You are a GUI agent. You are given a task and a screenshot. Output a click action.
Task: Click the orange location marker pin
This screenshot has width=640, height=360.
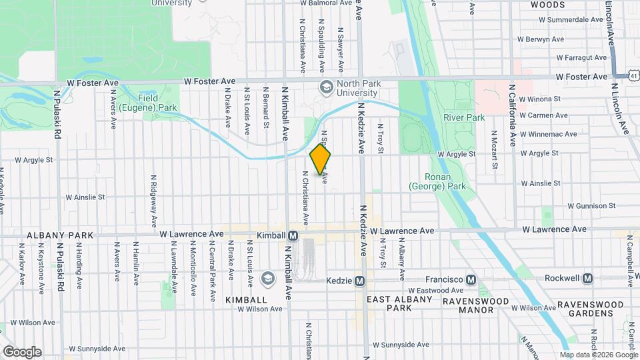(x=321, y=159)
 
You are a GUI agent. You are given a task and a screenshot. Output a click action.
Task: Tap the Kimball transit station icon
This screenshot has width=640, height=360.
(x=293, y=236)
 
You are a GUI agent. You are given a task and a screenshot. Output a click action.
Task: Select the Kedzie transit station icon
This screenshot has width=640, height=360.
(x=361, y=281)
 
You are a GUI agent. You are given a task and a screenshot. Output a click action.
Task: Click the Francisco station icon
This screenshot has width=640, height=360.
(x=471, y=279)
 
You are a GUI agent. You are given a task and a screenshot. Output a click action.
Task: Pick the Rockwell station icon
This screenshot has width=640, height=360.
(x=587, y=278)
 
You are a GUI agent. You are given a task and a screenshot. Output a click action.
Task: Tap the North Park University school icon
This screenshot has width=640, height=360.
(x=326, y=87)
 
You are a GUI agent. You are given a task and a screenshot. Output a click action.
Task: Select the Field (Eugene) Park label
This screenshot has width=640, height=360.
(x=158, y=102)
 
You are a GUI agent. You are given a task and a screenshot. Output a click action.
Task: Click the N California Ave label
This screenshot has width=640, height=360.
(x=512, y=115)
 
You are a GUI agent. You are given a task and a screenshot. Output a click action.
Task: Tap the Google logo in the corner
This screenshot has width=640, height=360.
(x=21, y=351)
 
